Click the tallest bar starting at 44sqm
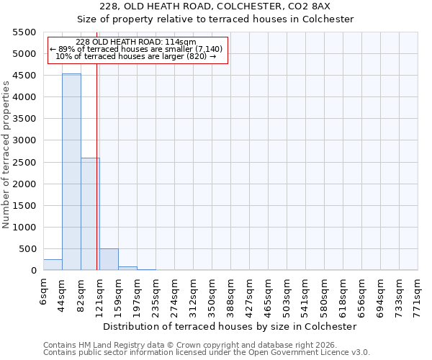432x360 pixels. tap(71, 173)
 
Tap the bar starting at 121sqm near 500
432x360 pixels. tap(109, 260)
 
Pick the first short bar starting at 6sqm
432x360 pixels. tap(53, 265)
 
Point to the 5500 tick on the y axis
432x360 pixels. tap(24, 32)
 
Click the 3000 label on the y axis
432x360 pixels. tap(24, 140)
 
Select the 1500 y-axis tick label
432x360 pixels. tap(24, 206)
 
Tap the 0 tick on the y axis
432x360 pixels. tap(33, 271)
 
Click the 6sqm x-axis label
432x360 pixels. tap(44, 289)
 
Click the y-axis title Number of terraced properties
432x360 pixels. tap(7, 155)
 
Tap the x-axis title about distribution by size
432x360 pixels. tap(230, 326)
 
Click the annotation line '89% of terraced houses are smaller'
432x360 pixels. tap(137, 49)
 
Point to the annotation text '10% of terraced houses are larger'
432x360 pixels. tap(135, 56)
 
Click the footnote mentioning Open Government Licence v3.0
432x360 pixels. tap(207, 353)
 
